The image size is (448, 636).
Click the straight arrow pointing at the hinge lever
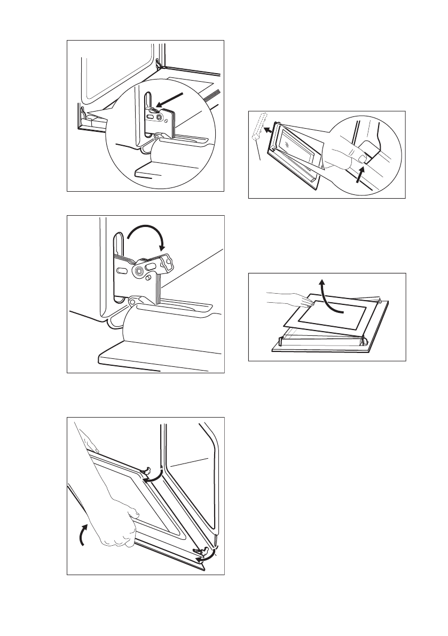tap(171, 101)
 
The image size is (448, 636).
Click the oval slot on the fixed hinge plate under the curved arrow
tap(122, 271)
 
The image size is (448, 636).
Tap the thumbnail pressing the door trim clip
tap(363, 159)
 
